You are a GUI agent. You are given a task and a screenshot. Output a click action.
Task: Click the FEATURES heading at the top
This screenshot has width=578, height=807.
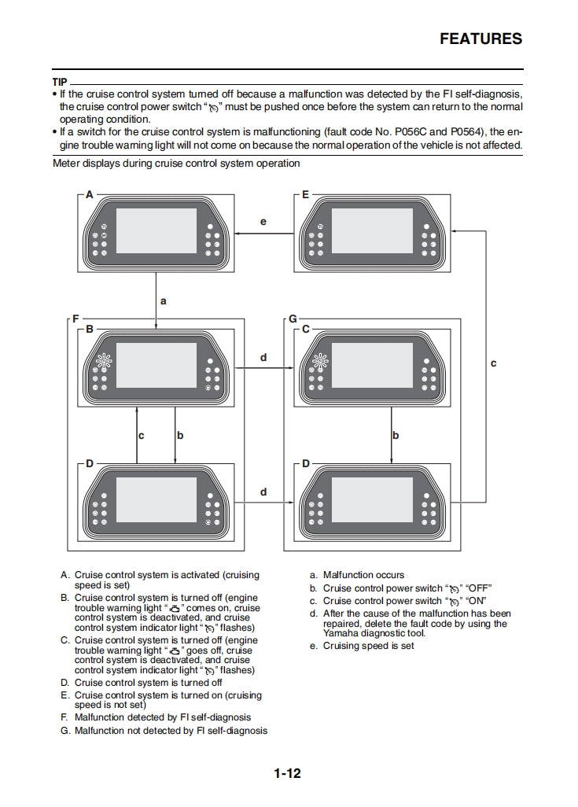[x=480, y=39]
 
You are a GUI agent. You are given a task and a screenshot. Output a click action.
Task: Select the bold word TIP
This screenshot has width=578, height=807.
[x=60, y=82]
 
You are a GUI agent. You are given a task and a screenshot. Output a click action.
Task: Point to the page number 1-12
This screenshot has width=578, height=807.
[x=287, y=773]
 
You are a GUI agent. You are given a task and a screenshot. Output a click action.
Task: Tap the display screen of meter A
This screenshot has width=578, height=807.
[x=156, y=230]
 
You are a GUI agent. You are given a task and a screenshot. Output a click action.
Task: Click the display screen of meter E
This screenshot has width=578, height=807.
[x=372, y=230]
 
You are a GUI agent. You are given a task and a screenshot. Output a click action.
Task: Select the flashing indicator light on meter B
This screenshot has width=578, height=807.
[x=104, y=363]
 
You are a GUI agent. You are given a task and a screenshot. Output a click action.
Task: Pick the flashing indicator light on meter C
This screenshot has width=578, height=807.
[x=319, y=363]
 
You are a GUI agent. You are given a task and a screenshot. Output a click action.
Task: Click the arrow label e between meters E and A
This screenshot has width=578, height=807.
[x=263, y=222]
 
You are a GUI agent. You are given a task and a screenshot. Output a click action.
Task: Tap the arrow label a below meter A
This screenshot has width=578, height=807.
[x=164, y=300]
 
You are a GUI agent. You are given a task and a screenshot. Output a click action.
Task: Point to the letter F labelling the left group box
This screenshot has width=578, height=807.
[x=75, y=319]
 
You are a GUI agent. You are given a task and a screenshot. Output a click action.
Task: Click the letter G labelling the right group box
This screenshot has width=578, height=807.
[x=293, y=319]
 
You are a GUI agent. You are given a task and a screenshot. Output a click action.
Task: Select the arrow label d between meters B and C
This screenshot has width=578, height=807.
[x=263, y=357]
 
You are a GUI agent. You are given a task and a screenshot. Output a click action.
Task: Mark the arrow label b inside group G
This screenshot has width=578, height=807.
[x=396, y=434]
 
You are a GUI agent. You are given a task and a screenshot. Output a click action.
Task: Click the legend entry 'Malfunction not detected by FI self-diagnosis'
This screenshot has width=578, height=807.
[x=171, y=731]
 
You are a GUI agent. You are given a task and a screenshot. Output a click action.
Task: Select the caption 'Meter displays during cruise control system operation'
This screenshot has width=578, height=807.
[x=176, y=164]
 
